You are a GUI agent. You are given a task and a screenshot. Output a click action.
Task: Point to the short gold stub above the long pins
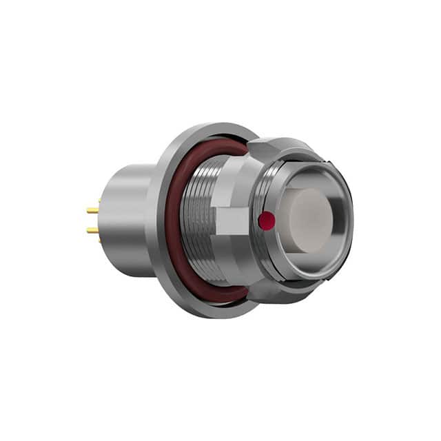tap(99, 201)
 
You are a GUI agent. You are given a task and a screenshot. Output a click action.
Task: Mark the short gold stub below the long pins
tap(99, 240)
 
